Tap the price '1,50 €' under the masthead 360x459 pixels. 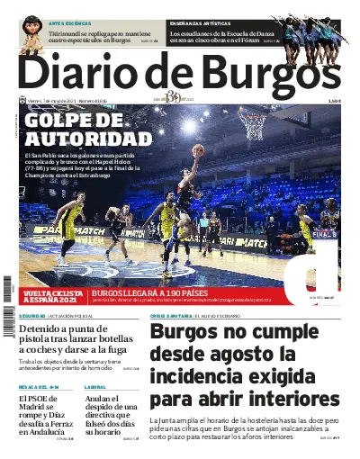pos(334,101)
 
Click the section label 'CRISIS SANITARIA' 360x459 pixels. pos(171,317)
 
